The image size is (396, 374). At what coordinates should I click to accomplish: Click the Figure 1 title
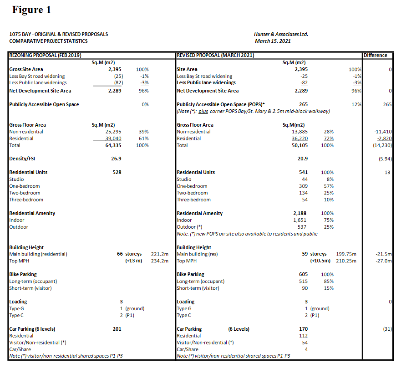[31, 10]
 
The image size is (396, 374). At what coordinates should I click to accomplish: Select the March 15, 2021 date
[273, 41]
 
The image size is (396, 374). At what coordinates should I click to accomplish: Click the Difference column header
[376, 55]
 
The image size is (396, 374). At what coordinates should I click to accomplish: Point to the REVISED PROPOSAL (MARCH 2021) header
[215, 55]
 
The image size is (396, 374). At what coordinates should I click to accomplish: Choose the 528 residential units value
[117, 172]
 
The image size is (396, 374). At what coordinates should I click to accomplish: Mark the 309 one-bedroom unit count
[303, 186]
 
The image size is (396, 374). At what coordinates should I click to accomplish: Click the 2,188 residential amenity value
[300, 213]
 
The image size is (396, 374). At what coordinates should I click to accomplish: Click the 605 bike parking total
[303, 274]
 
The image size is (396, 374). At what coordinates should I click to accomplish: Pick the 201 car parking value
[117, 328]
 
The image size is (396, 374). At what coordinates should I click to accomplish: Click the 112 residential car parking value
[303, 336]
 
